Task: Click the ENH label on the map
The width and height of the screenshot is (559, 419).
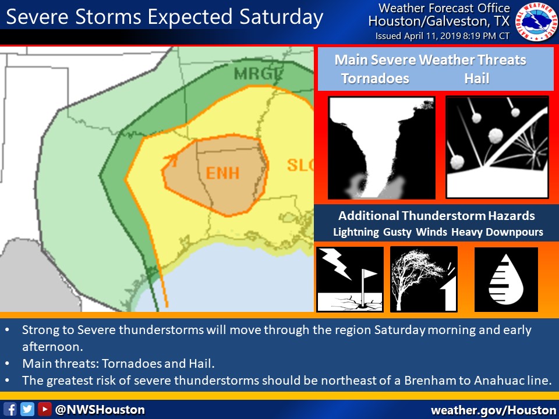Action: [x=222, y=173]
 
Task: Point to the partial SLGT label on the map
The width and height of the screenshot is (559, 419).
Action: [x=300, y=165]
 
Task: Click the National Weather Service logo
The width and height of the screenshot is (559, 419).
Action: [x=536, y=22]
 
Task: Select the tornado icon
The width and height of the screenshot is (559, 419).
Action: [x=381, y=148]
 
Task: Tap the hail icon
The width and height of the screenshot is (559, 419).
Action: [x=497, y=147]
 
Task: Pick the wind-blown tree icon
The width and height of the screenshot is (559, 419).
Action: [x=423, y=279]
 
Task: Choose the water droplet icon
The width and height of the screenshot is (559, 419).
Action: [x=506, y=279]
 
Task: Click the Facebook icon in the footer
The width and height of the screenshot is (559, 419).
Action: [x=10, y=409]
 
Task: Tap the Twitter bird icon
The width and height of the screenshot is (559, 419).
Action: [x=27, y=409]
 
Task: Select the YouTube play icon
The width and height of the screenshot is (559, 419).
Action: [x=44, y=409]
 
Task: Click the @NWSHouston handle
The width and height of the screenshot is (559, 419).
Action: [x=100, y=409]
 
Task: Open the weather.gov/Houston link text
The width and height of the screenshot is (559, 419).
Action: [x=493, y=410]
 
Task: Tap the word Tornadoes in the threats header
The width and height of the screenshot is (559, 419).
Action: [x=375, y=79]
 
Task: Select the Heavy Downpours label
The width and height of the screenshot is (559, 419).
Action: [x=497, y=232]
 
